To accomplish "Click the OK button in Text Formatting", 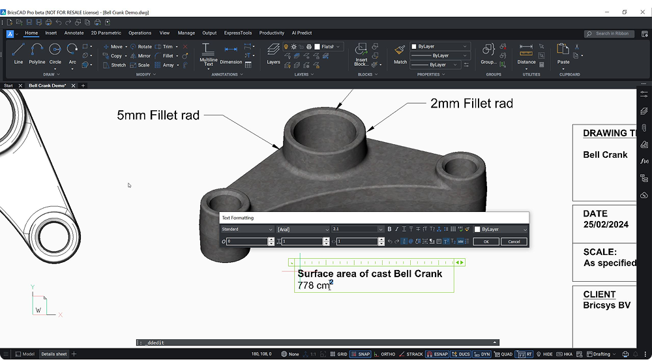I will [x=486, y=241].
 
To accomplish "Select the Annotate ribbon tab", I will [x=74, y=33].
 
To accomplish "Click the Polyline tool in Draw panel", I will [x=37, y=53].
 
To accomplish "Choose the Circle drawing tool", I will [x=55, y=53].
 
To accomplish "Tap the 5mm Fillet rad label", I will [x=158, y=115].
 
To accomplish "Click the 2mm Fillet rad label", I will [x=471, y=103].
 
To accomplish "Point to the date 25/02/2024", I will [x=606, y=224].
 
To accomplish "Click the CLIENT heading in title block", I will [x=599, y=294].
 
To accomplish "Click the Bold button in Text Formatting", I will [x=390, y=230].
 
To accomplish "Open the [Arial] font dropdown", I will [x=303, y=230].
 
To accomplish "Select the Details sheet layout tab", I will [x=54, y=354].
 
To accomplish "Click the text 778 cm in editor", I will [x=314, y=286].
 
